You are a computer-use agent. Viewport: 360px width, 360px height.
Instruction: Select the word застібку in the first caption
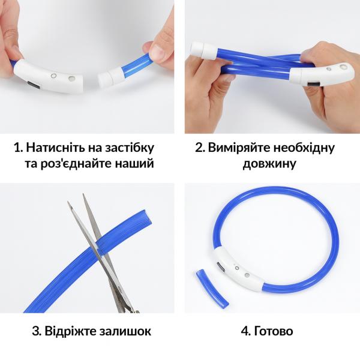pyautogui.click(x=127, y=148)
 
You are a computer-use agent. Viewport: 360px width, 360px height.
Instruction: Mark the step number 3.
pyautogui.click(x=35, y=331)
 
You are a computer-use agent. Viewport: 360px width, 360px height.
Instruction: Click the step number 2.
pyautogui.click(x=200, y=148)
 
